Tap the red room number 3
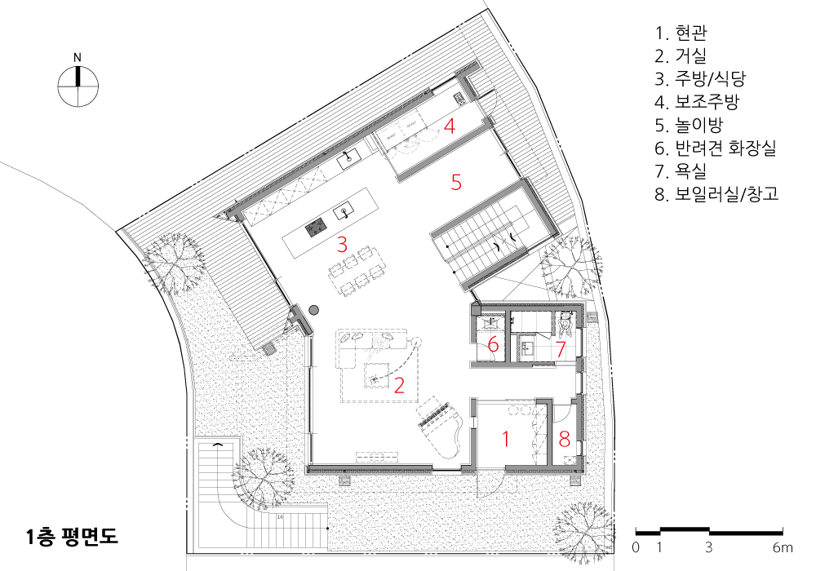click(342, 245)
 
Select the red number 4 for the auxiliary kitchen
click(450, 126)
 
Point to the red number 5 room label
click(456, 183)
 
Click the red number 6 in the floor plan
click(494, 345)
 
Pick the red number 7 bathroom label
click(561, 349)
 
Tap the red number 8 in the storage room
click(565, 440)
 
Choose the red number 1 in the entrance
click(505, 440)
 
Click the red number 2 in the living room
click(399, 385)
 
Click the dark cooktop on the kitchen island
click(316, 227)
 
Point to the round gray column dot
click(313, 310)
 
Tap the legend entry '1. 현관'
click(681, 33)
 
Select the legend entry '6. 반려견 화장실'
click(716, 148)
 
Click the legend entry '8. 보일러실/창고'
click(716, 194)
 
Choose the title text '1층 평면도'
click(73, 536)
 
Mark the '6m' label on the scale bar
click(783, 547)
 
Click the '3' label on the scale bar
click(709, 547)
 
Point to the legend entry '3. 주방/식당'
click(700, 78)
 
